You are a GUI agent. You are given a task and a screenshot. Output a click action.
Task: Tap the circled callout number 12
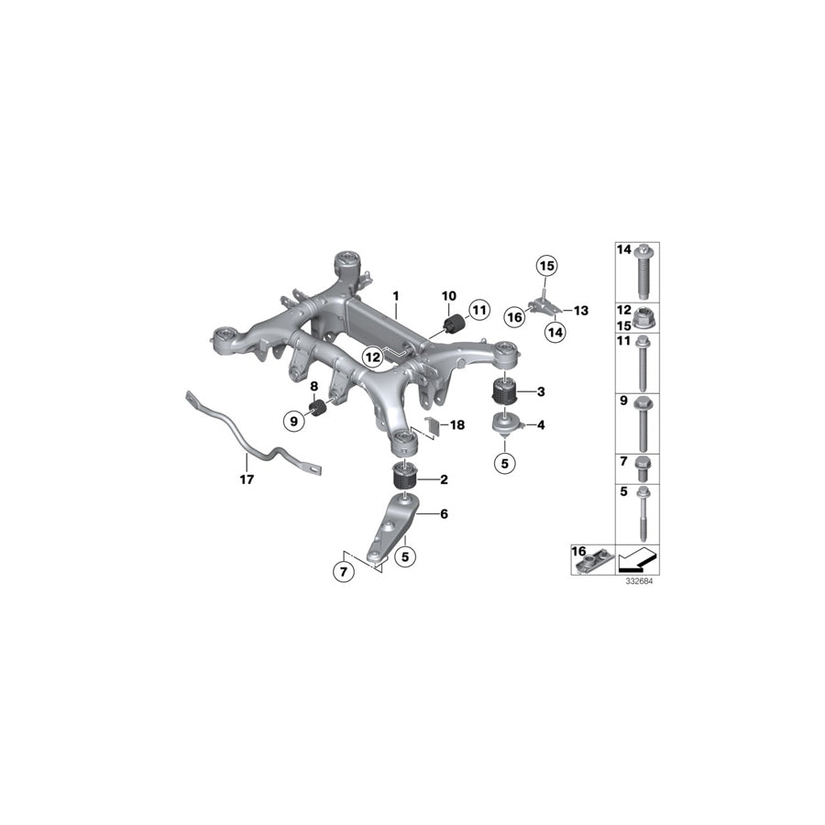point(372,357)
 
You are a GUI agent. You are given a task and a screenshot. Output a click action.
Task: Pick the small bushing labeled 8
point(317,407)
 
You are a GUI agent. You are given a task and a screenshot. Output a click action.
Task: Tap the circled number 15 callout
point(546,266)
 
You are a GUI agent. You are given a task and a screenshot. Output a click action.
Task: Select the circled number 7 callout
point(344,571)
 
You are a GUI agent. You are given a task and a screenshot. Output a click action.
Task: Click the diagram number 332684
point(639,581)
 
